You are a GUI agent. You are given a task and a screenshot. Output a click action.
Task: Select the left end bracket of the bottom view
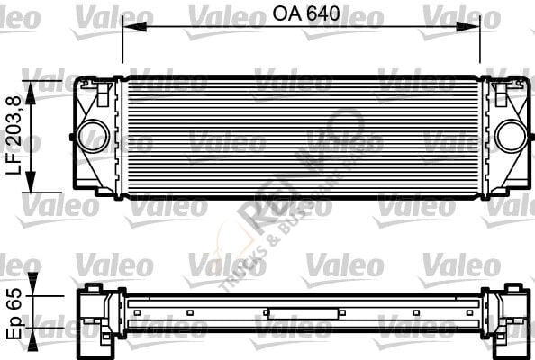pyautogui.click(x=97, y=315)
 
